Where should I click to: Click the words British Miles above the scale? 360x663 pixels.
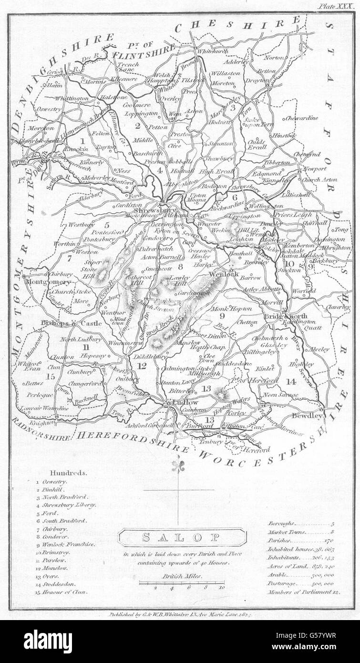pyautogui.click(x=182, y=576)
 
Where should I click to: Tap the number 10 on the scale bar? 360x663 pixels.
pyautogui.click(x=221, y=588)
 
